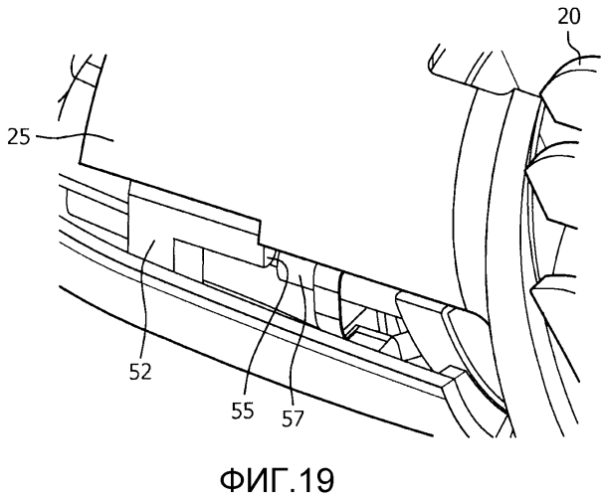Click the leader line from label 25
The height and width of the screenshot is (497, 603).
point(55,136)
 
